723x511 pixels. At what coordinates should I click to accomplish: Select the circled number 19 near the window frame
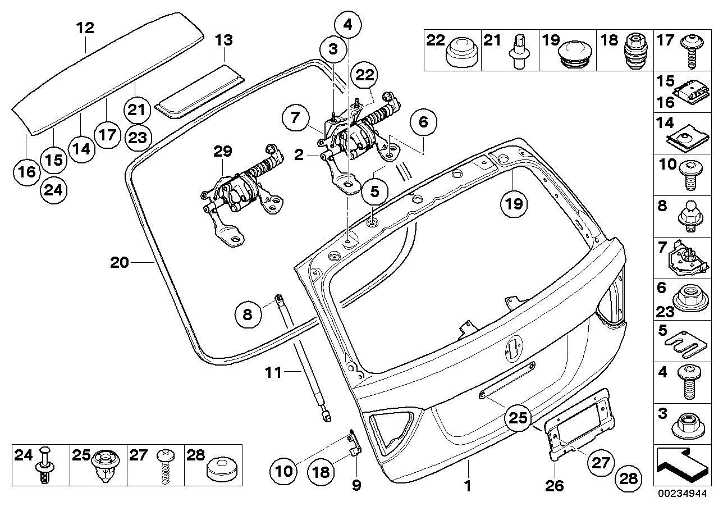point(515,204)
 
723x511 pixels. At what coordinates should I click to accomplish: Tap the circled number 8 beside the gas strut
point(248,315)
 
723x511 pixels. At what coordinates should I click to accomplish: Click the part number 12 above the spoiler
point(85,28)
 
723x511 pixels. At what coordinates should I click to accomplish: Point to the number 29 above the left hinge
point(222,151)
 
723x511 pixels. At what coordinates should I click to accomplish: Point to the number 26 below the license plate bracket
point(556,484)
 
